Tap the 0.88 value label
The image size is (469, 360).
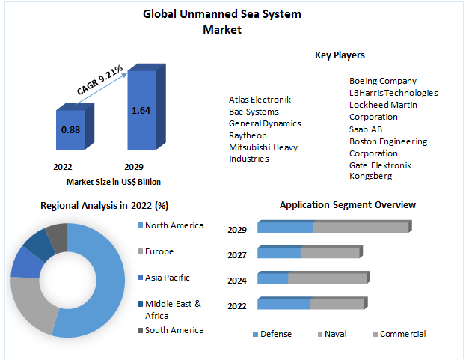[70, 129]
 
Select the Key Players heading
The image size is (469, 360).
[340, 55]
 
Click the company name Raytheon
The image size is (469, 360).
[248, 135]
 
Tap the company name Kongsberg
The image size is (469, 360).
[370, 177]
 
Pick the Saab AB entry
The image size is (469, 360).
[366, 129]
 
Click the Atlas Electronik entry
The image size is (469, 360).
[260, 100]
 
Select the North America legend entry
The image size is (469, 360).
[174, 225]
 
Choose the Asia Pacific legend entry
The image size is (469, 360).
[167, 278]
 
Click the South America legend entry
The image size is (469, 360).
[174, 330]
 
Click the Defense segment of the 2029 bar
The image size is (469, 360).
[286, 228]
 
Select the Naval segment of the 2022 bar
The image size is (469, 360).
[337, 304]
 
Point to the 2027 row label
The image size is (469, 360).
[238, 255]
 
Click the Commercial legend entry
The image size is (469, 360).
[402, 334]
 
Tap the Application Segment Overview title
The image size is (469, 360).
[347, 204]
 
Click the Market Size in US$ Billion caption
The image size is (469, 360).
[114, 182]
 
